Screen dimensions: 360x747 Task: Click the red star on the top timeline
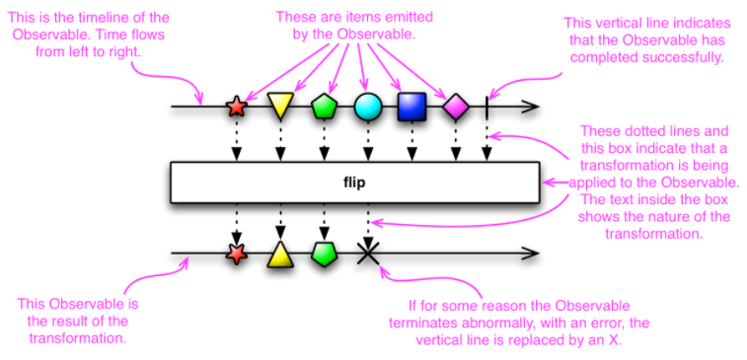click(x=236, y=107)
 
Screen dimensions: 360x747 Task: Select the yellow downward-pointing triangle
click(x=280, y=105)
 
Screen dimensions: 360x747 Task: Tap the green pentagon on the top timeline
click(x=324, y=106)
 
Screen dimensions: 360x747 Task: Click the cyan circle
click(x=367, y=106)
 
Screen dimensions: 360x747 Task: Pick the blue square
click(x=411, y=106)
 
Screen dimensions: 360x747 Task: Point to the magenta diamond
click(x=455, y=106)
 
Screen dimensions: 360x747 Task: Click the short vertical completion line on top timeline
click(x=486, y=106)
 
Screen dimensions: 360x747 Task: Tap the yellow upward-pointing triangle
click(x=280, y=254)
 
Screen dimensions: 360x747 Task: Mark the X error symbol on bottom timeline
click(x=368, y=255)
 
